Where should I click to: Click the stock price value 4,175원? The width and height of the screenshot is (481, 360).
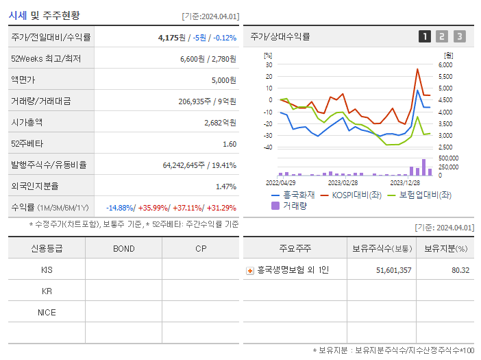[172, 38]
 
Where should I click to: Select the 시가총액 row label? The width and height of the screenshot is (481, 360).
[27, 123]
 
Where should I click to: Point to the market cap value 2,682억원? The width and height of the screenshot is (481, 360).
[220, 123]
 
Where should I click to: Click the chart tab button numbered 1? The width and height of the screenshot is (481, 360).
[425, 37]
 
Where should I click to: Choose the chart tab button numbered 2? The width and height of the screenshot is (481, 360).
[442, 37]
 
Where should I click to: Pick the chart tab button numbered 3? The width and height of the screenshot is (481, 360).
[459, 37]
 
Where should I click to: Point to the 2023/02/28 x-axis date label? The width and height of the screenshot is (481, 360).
[343, 183]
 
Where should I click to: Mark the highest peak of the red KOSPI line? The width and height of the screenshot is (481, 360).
[417, 69]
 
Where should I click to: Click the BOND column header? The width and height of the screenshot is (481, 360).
[123, 248]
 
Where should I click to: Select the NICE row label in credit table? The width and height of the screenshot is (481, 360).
[47, 313]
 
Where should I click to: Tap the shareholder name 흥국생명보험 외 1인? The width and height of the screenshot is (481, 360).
[293, 270]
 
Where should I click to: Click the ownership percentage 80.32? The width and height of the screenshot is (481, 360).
[460, 270]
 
